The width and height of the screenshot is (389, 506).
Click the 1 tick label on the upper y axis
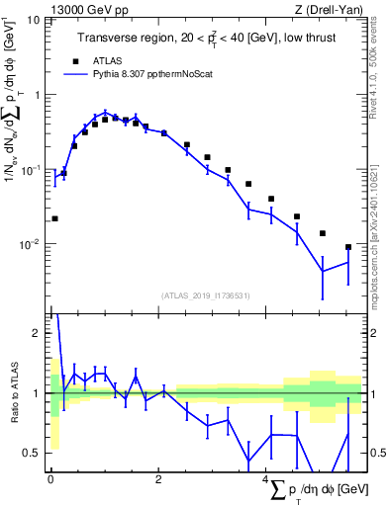click(x=39, y=95)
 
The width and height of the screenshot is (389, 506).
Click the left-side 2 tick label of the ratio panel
click(x=39, y=333)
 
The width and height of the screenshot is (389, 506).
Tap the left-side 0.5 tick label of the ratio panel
click(x=34, y=453)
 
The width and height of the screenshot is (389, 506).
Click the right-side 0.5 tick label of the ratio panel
click(x=375, y=453)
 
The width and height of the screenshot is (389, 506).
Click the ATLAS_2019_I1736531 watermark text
click(x=206, y=295)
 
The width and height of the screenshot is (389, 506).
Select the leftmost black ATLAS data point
click(x=54, y=218)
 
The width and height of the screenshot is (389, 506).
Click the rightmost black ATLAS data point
click(x=347, y=247)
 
